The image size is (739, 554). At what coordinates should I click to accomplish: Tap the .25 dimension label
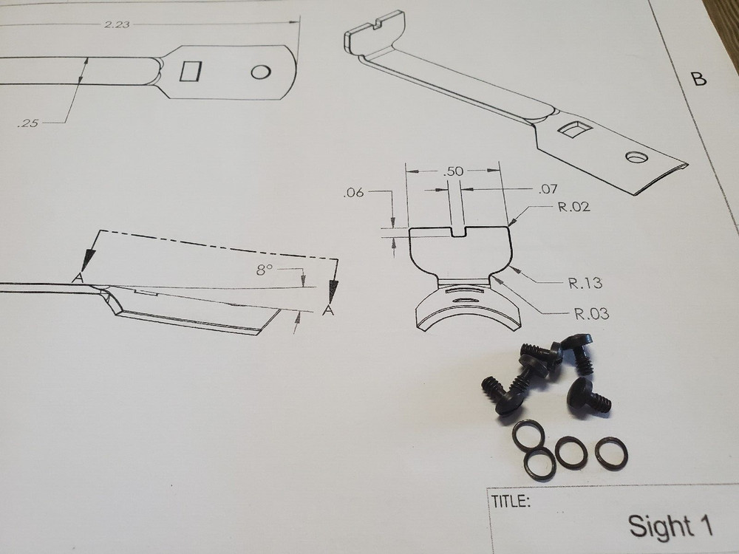27,123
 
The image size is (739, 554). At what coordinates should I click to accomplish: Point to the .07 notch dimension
548,190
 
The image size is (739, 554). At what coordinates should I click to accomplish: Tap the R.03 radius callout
591,314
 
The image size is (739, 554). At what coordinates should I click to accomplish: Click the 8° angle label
265,270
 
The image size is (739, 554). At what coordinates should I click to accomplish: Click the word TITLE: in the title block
511,502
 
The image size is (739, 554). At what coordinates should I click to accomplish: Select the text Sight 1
670,526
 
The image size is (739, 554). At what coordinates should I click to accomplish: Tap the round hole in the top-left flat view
260,72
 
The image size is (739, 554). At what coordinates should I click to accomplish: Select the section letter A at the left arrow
76,277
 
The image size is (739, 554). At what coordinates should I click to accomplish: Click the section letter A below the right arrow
329,311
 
